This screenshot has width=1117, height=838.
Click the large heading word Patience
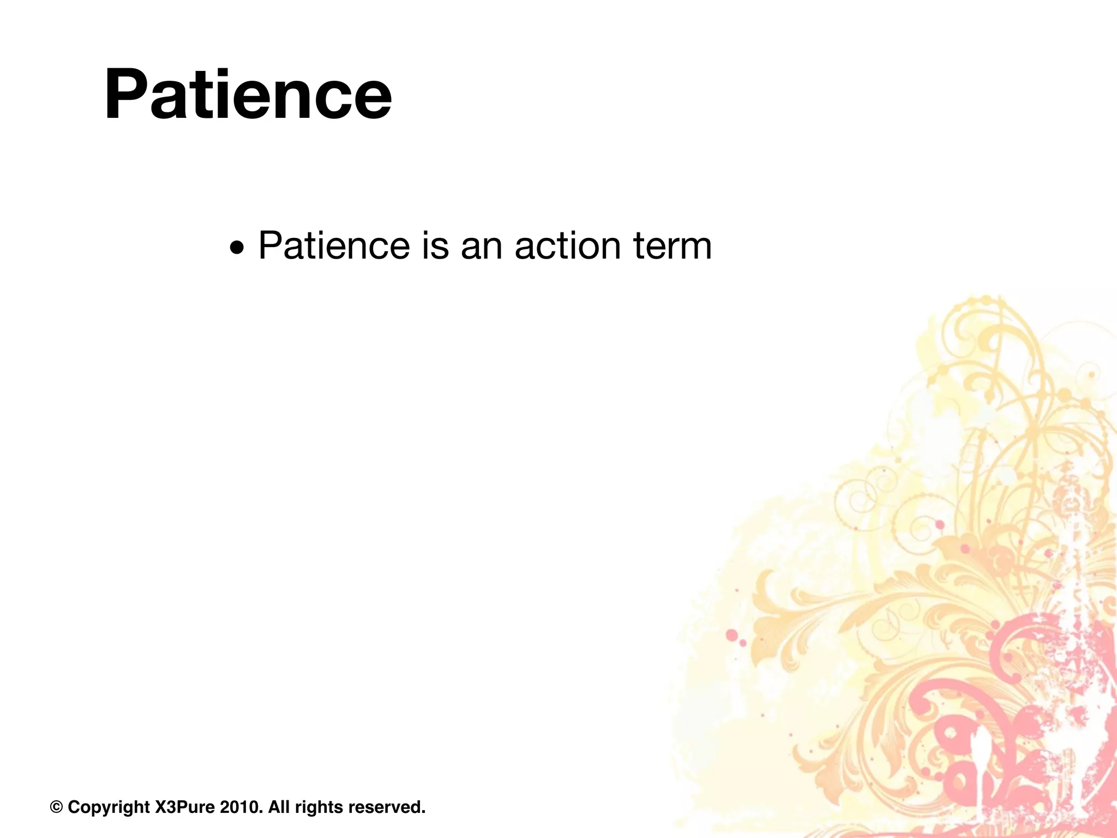point(248,94)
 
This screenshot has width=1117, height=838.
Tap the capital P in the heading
point(124,94)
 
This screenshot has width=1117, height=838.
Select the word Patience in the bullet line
point(334,246)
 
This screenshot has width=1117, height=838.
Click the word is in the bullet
point(435,246)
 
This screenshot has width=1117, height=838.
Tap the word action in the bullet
point(567,246)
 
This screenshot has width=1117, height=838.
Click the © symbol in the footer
point(56,806)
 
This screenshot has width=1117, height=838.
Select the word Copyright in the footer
point(109,807)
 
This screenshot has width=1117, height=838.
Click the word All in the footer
point(279,806)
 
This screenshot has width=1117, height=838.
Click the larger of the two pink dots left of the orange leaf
point(732,635)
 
